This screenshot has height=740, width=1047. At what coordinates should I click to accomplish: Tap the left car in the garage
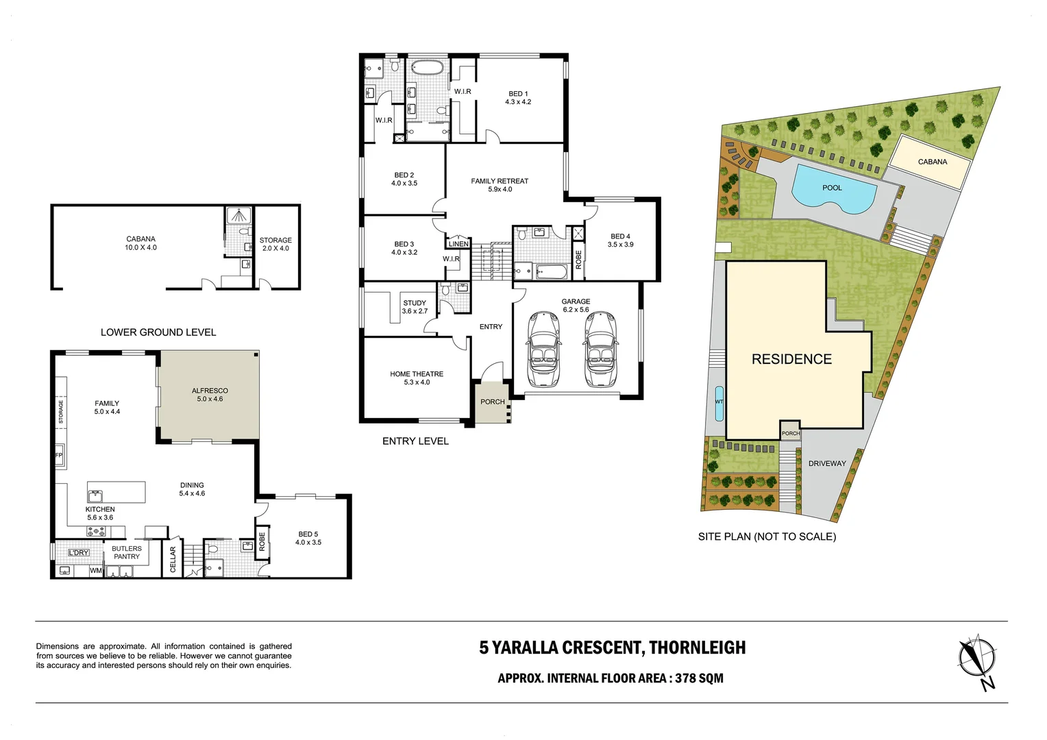point(544,350)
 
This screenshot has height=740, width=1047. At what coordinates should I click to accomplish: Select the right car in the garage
point(600,350)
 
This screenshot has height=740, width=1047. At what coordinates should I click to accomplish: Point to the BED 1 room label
point(518,94)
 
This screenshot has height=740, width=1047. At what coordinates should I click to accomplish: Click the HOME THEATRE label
point(417,374)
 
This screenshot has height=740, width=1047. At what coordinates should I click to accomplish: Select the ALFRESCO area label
point(210,391)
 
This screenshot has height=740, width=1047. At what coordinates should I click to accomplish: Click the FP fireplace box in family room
point(59,456)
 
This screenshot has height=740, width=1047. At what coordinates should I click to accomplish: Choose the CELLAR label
point(173,559)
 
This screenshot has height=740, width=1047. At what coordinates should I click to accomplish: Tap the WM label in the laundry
point(96,570)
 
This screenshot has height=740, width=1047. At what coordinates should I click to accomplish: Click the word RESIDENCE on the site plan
point(791,359)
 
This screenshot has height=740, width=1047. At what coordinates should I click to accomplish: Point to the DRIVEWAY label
point(827,464)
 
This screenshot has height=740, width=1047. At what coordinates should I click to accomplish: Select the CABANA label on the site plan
point(932,162)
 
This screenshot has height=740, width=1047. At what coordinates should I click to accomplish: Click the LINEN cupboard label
point(458,244)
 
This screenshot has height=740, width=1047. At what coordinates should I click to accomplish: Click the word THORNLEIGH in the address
point(697,647)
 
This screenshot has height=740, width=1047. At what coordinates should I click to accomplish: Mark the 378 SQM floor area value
point(699,678)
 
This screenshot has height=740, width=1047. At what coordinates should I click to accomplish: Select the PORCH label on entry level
point(492,402)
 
